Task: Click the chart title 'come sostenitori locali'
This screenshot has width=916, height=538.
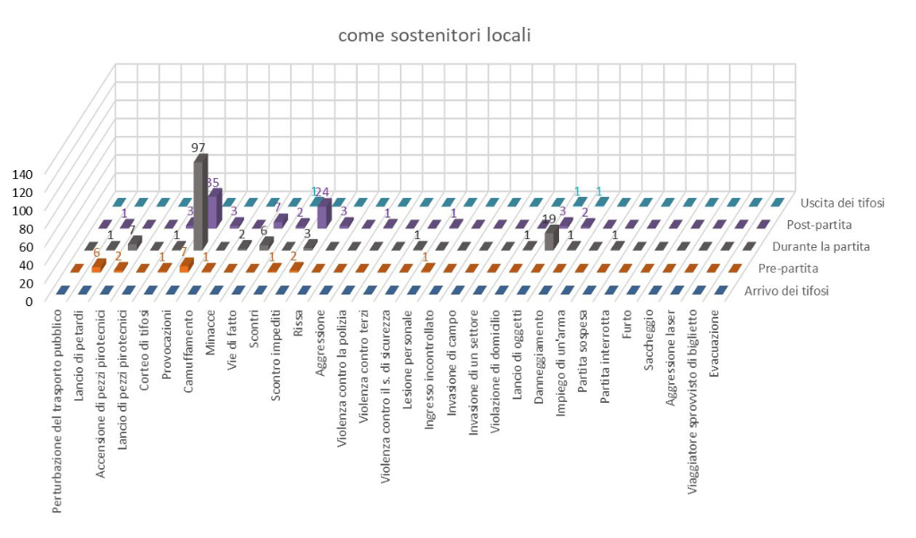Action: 434,37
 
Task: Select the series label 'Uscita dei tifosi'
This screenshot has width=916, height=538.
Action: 842,202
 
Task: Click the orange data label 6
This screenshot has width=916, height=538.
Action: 96,252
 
